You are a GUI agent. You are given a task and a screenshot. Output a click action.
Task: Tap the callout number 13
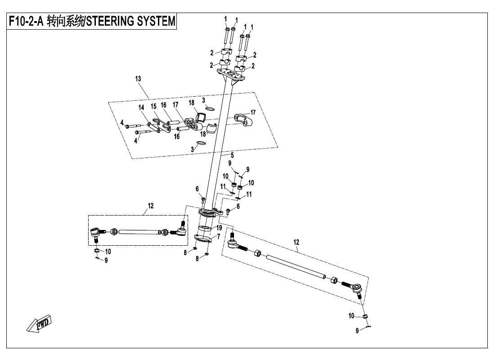(x=138, y=79)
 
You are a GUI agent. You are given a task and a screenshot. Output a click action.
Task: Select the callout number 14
(x=141, y=108)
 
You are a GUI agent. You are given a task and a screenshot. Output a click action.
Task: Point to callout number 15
(x=153, y=107)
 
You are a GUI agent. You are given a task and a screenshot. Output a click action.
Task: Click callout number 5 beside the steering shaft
(x=232, y=155)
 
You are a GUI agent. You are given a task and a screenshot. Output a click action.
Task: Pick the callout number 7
(x=219, y=236)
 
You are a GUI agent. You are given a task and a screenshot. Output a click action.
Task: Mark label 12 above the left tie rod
(x=151, y=206)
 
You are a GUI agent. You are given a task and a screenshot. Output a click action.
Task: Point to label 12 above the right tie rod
(x=296, y=242)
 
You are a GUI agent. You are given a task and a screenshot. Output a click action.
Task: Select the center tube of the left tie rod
(x=139, y=232)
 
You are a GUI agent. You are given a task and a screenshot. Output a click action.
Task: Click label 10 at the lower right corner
(x=351, y=316)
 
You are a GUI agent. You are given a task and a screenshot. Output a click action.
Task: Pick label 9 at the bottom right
(x=357, y=331)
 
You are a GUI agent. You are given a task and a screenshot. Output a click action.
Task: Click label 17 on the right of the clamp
(x=253, y=112)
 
